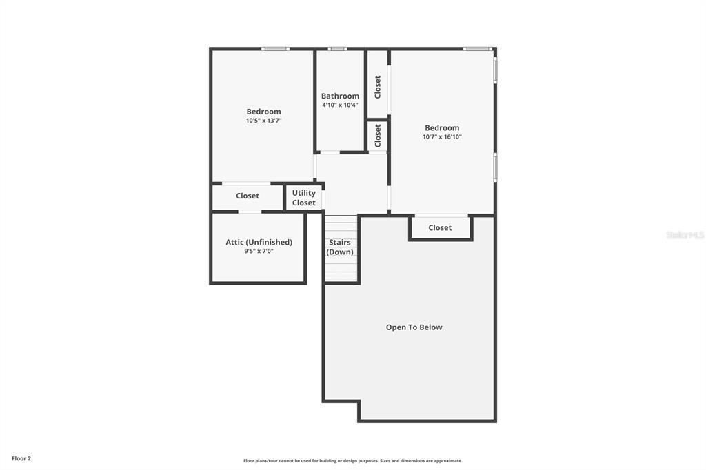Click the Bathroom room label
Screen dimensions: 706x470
click(340, 96)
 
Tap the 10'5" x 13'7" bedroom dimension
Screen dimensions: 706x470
click(263, 121)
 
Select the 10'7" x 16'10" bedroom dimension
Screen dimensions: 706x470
click(442, 137)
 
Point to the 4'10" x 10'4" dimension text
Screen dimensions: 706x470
click(340, 105)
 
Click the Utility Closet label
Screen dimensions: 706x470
click(304, 198)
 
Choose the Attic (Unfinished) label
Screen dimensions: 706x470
click(259, 242)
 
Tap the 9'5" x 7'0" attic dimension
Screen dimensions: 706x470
click(259, 252)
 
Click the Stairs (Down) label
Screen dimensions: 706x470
click(340, 247)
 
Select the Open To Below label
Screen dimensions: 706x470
click(414, 327)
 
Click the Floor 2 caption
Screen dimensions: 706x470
click(21, 458)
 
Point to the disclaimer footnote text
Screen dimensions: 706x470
click(352, 460)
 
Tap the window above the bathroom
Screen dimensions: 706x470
click(337, 49)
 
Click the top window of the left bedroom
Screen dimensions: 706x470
click(276, 49)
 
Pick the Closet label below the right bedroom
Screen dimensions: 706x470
click(440, 228)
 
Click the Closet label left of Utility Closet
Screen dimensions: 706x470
click(248, 196)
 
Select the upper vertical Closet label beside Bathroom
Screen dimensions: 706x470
click(377, 87)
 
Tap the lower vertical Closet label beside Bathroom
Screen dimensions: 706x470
click(377, 136)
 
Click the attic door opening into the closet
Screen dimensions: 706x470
click(250, 212)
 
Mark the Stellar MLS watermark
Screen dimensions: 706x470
click(685, 235)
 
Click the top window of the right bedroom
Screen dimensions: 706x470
click(478, 49)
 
